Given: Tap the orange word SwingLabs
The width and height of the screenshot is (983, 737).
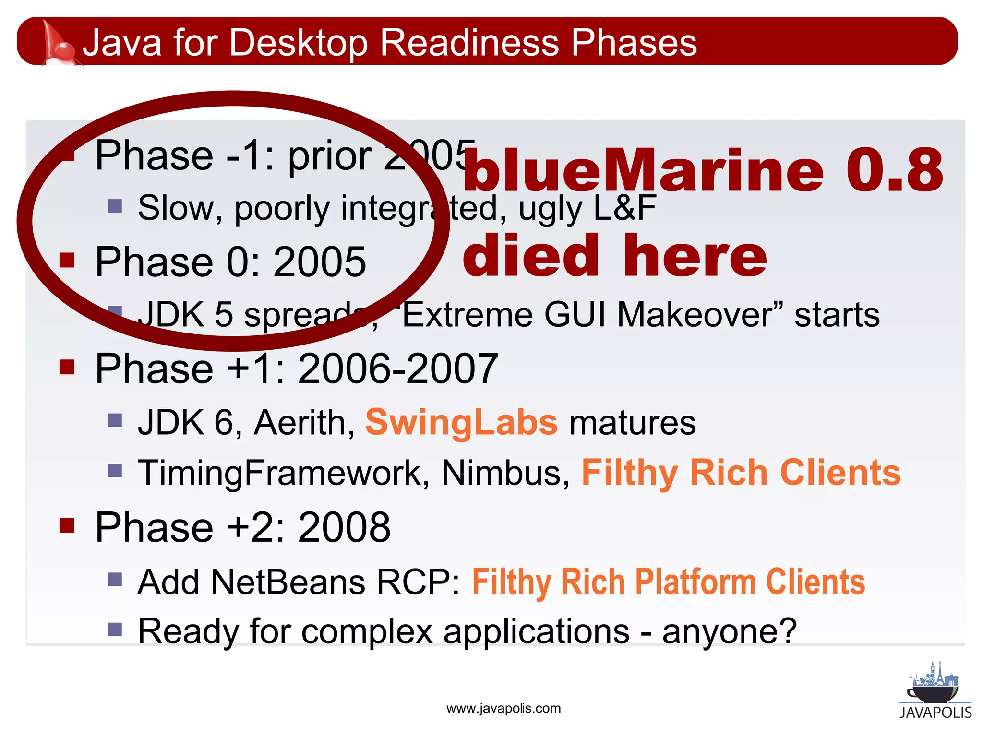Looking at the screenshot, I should coord(461,422).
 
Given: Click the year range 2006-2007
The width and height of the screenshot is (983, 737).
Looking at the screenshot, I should coord(398,368).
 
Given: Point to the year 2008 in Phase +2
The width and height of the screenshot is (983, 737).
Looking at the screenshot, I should coord(344,527).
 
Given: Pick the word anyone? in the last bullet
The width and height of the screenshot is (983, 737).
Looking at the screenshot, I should coord(729,631).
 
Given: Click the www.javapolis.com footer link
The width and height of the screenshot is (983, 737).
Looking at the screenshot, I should coord(503,709).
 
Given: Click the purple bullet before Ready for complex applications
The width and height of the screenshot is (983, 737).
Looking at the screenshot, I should coord(115,629).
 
